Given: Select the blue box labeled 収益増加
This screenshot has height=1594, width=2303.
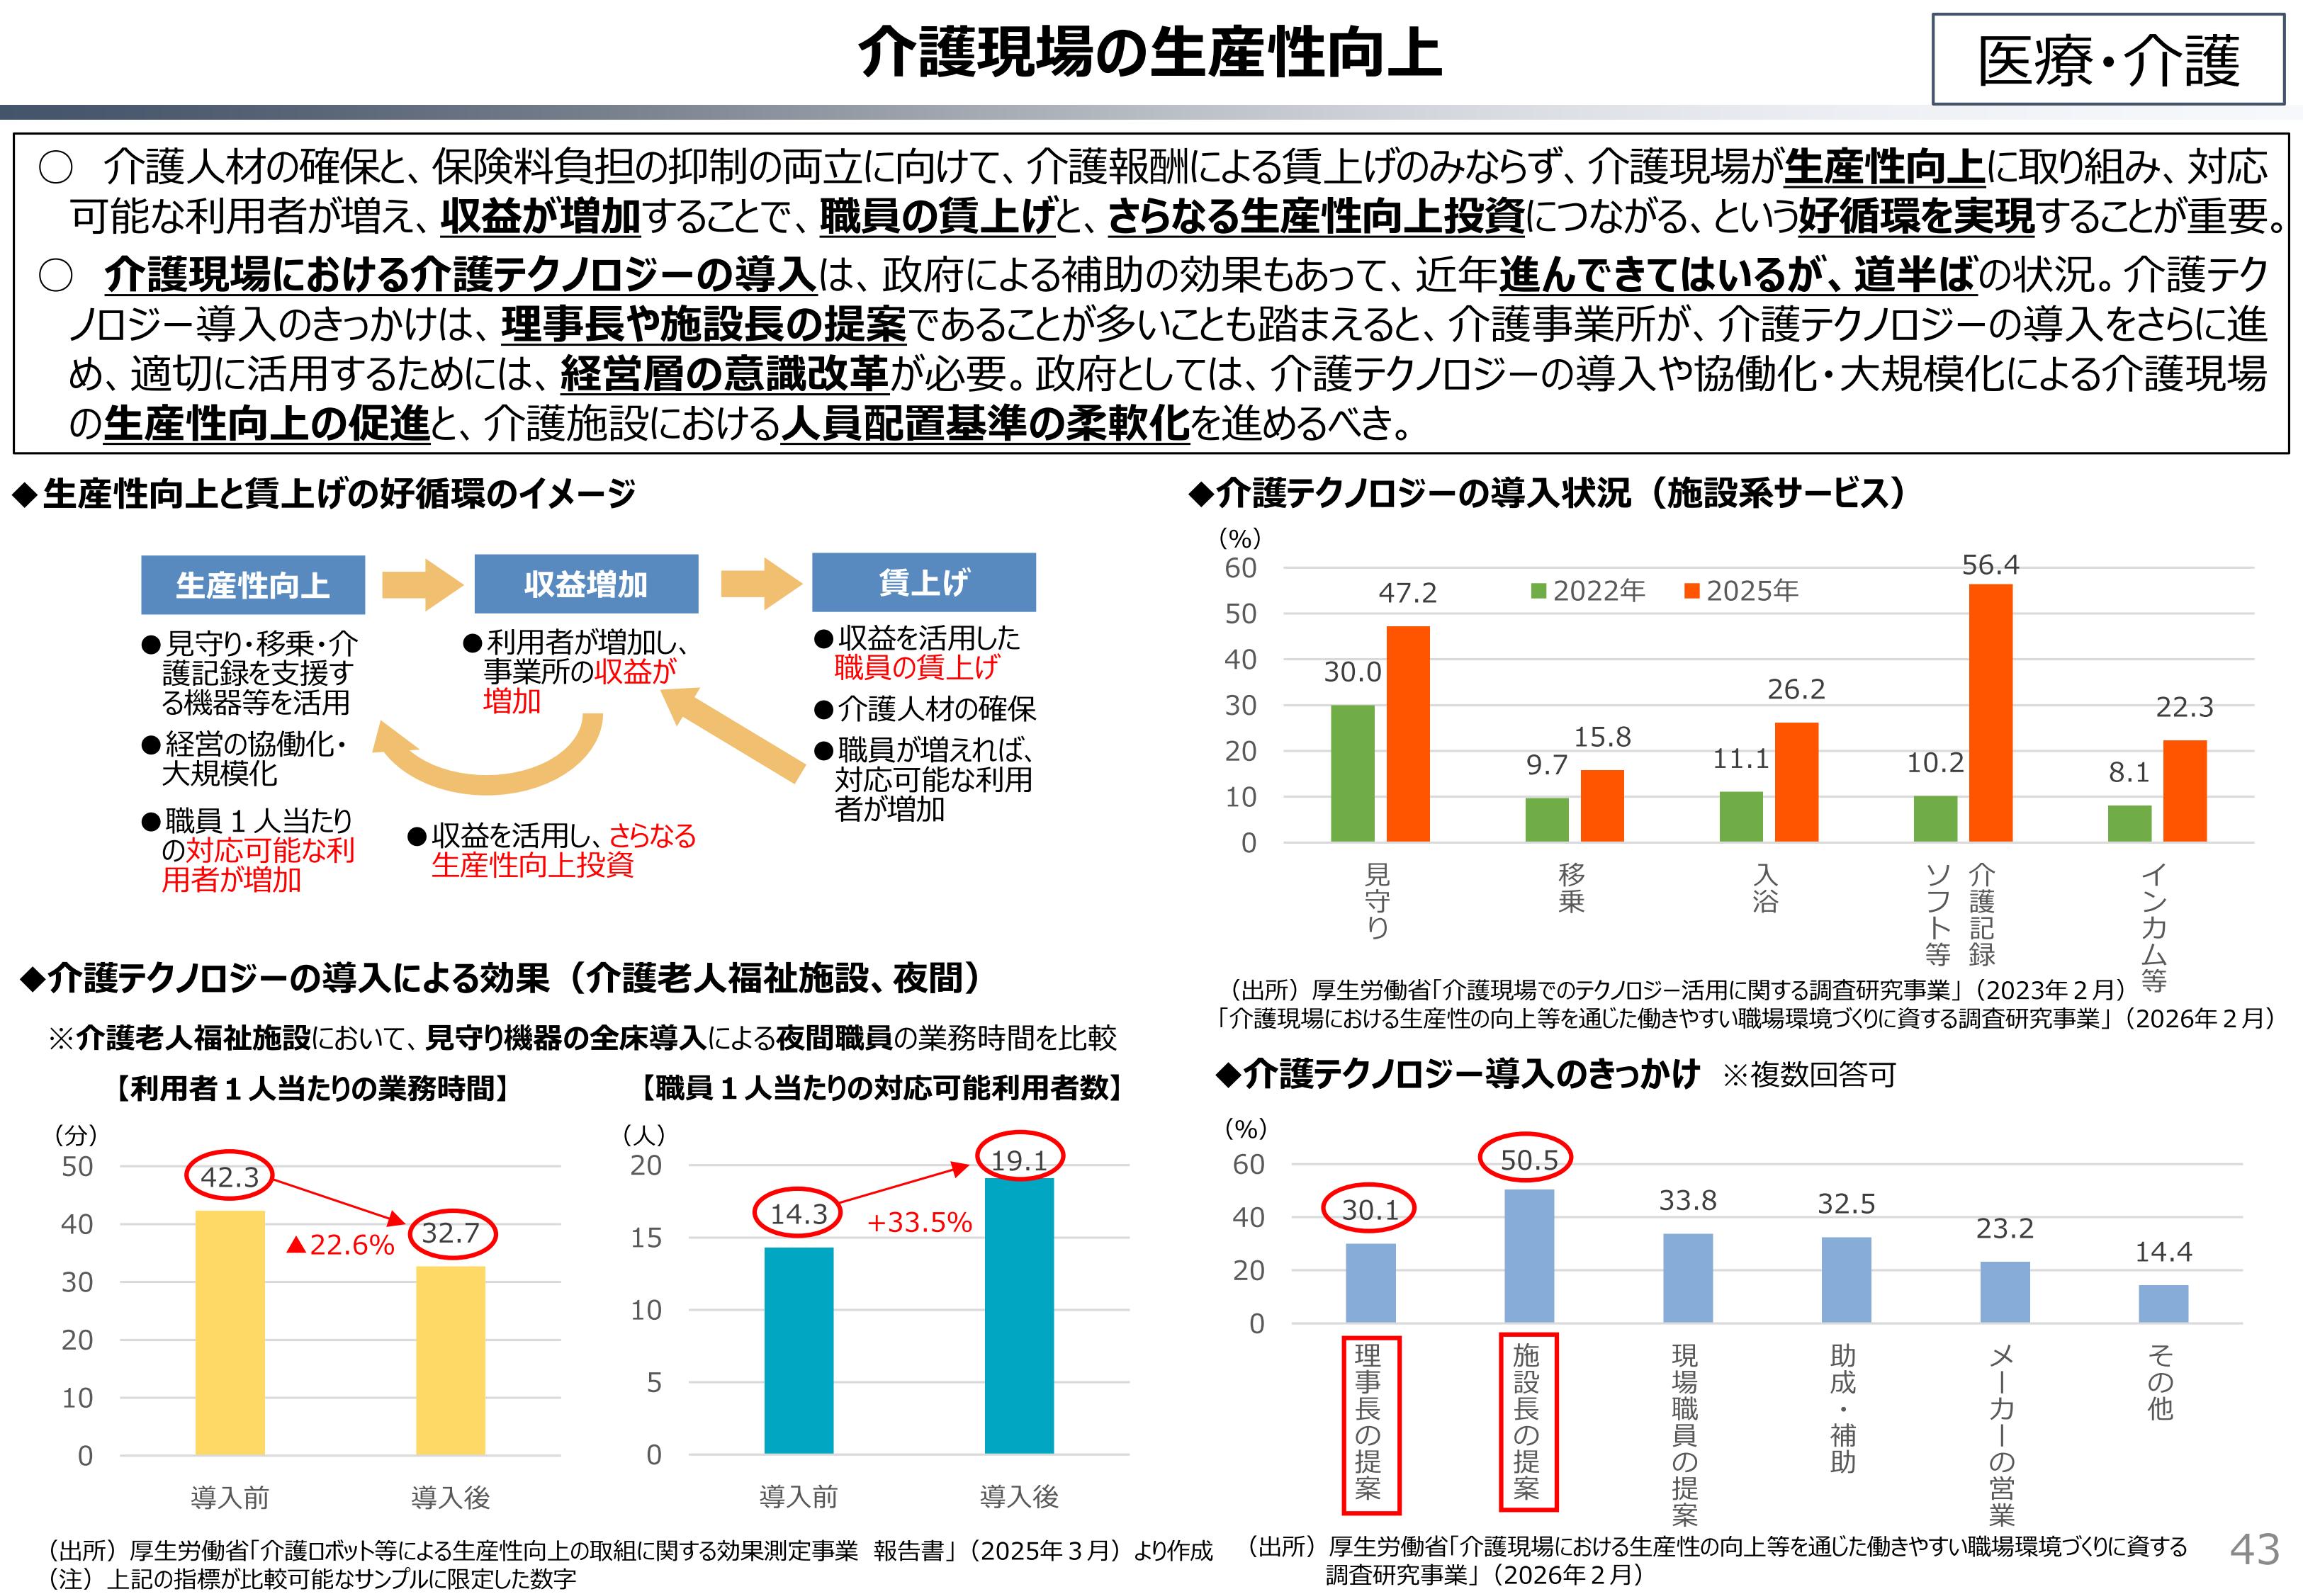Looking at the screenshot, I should [585, 584].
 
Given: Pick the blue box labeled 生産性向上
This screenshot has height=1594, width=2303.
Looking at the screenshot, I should [253, 585].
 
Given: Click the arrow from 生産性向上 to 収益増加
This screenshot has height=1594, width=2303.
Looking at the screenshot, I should [422, 584].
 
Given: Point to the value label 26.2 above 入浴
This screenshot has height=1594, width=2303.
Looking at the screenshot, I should [1796, 689].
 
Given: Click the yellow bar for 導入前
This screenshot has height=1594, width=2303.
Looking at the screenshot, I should [230, 1333].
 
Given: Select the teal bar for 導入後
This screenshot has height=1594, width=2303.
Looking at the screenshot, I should [1019, 1316].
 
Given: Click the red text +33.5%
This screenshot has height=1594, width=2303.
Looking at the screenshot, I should [919, 1223].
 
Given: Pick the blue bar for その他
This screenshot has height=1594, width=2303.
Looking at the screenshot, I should [2163, 1304].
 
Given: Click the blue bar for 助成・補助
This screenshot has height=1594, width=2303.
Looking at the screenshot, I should [1846, 1279].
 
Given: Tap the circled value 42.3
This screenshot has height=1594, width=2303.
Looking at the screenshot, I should [229, 1177].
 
